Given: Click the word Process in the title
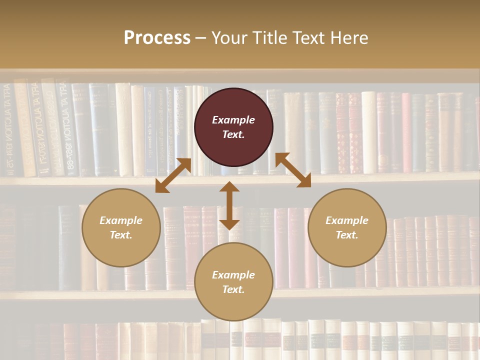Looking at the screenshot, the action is pyautogui.click(x=157, y=38).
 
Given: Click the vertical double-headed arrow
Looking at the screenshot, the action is pyautogui.click(x=229, y=205).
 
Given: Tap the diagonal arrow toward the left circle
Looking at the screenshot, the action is pyautogui.click(x=173, y=175).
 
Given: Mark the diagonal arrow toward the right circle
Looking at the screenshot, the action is pyautogui.click(x=293, y=170).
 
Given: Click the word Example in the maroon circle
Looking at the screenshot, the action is pyautogui.click(x=233, y=120).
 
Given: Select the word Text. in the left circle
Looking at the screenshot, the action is pyautogui.click(x=121, y=235).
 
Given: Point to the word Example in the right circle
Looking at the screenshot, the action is pyautogui.click(x=347, y=220).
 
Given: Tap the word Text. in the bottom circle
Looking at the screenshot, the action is pyautogui.click(x=233, y=289).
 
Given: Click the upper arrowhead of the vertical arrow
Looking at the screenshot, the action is pyautogui.click(x=229, y=187).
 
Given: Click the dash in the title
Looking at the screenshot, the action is pyautogui.click(x=201, y=38).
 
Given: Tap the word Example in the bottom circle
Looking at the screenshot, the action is pyautogui.click(x=233, y=275).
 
